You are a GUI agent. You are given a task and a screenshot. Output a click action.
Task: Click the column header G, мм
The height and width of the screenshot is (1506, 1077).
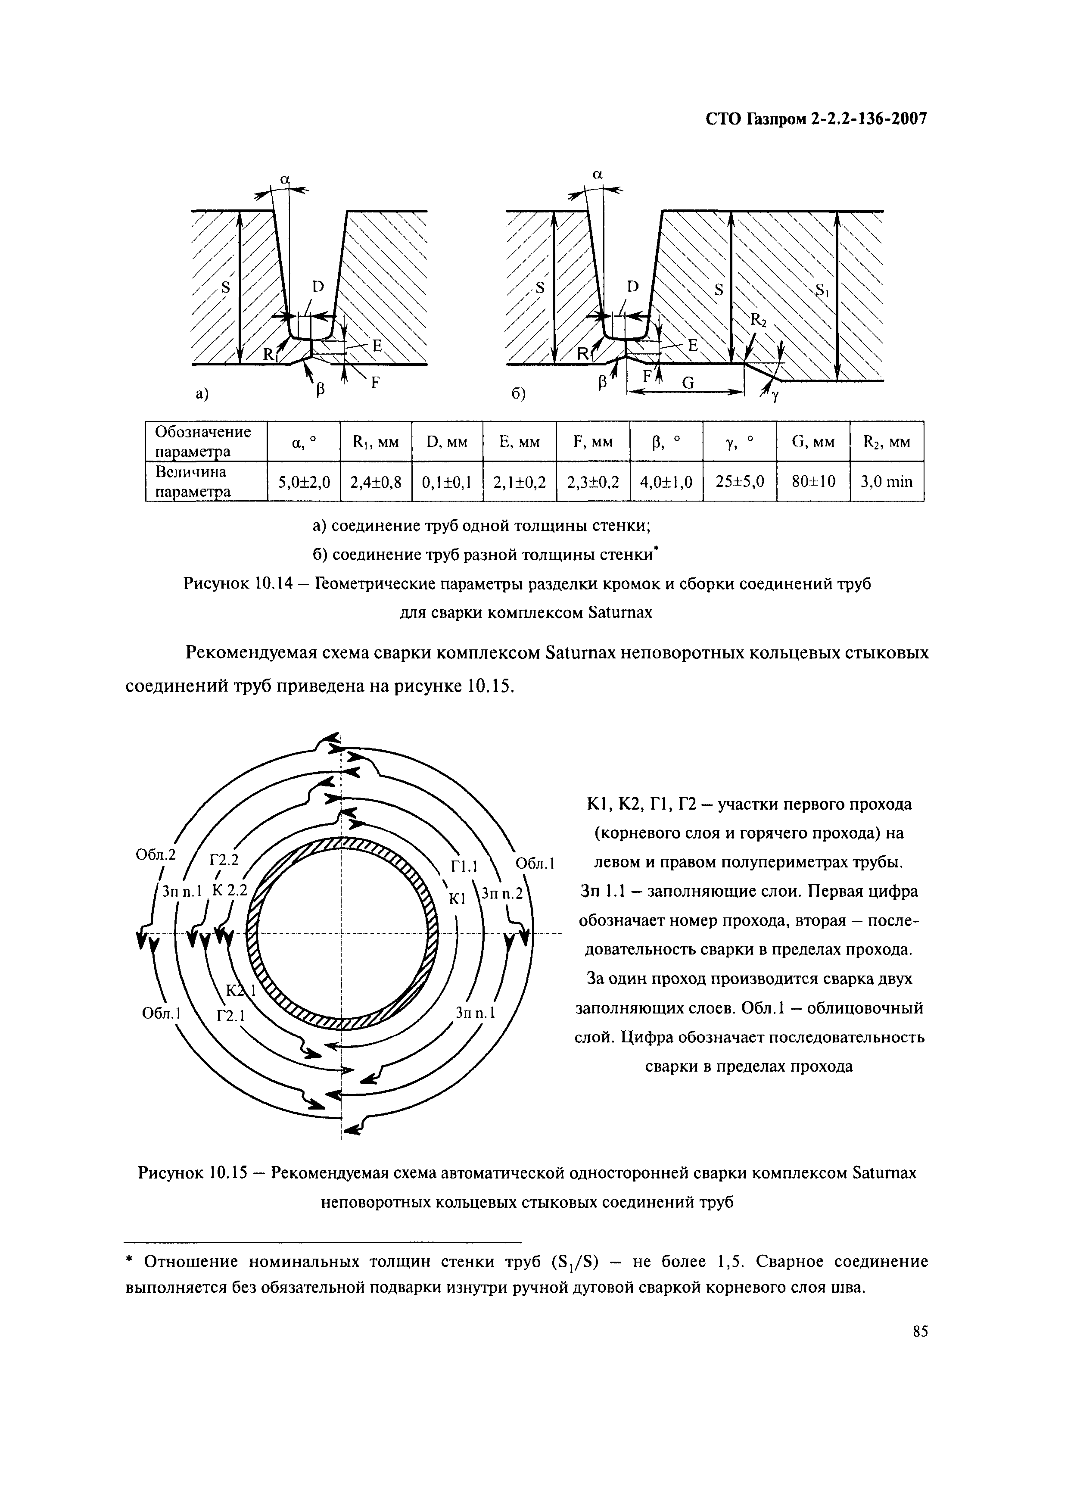(x=813, y=442)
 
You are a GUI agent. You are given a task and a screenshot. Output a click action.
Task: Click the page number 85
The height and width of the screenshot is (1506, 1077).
(x=920, y=1331)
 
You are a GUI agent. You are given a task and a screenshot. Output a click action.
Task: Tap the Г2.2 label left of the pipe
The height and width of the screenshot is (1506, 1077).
(x=224, y=861)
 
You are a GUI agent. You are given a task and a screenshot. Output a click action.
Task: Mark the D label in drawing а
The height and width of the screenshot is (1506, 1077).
(x=318, y=287)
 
